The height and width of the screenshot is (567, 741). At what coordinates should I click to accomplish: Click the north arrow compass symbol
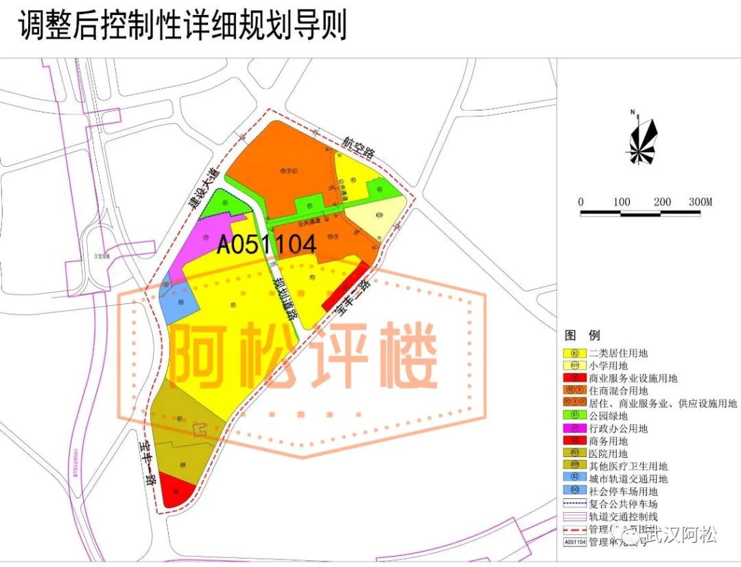click(x=642, y=141)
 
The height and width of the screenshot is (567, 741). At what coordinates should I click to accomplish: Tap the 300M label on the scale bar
click(x=700, y=202)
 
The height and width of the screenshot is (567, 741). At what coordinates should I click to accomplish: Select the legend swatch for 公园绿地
click(x=574, y=416)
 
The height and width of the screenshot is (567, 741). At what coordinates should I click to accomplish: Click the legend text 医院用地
click(x=608, y=454)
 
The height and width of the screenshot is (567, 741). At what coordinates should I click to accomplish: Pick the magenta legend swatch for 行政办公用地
click(x=574, y=428)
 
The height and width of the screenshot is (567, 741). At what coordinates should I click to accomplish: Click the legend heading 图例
click(x=582, y=336)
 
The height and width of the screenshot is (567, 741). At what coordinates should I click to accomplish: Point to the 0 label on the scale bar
click(x=581, y=202)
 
